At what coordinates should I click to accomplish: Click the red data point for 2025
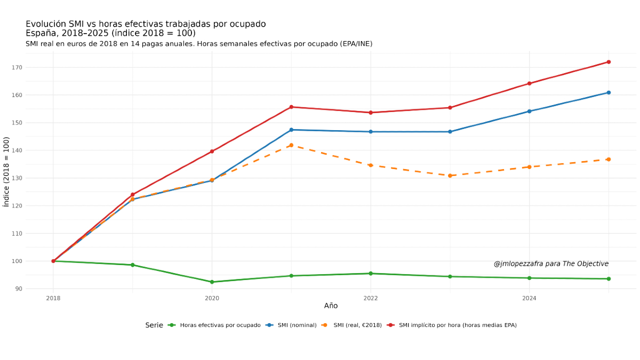point(609,62)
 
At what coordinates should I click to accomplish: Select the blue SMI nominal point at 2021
point(291,130)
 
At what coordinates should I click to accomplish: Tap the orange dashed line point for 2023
point(450,175)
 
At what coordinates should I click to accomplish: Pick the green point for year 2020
point(212,282)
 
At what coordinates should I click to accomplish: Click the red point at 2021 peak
point(291,107)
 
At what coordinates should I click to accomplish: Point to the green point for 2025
point(609,279)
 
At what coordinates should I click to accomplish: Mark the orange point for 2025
point(609,159)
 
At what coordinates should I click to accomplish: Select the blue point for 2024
point(529,111)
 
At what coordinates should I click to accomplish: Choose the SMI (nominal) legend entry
point(297,325)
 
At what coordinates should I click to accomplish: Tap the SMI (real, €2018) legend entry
point(357,325)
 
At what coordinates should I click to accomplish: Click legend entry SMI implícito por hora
point(458,325)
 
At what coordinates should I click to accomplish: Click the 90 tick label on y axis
point(19,289)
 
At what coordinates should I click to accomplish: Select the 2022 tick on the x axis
point(370,298)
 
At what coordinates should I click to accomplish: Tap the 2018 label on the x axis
point(53,298)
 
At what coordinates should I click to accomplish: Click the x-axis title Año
point(331,306)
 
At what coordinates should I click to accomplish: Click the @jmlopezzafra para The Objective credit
point(551,264)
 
